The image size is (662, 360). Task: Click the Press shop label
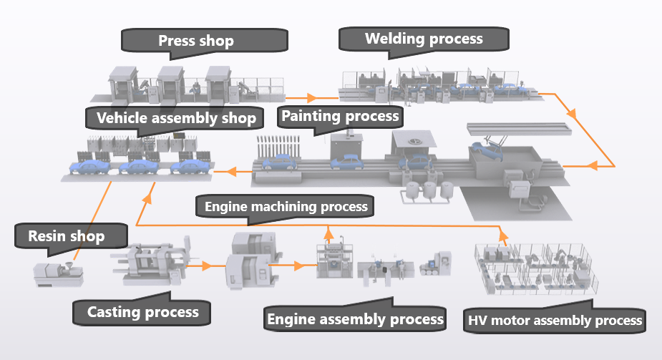click(195, 41)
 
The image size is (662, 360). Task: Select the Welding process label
click(424, 39)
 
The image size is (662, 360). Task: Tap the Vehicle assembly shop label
click(175, 118)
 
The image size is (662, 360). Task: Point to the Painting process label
click(340, 115)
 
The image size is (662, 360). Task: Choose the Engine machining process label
click(286, 207)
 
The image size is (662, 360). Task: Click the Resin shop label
click(67, 235)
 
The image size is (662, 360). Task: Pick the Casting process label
click(142, 311)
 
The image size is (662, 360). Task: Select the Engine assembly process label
click(354, 318)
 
